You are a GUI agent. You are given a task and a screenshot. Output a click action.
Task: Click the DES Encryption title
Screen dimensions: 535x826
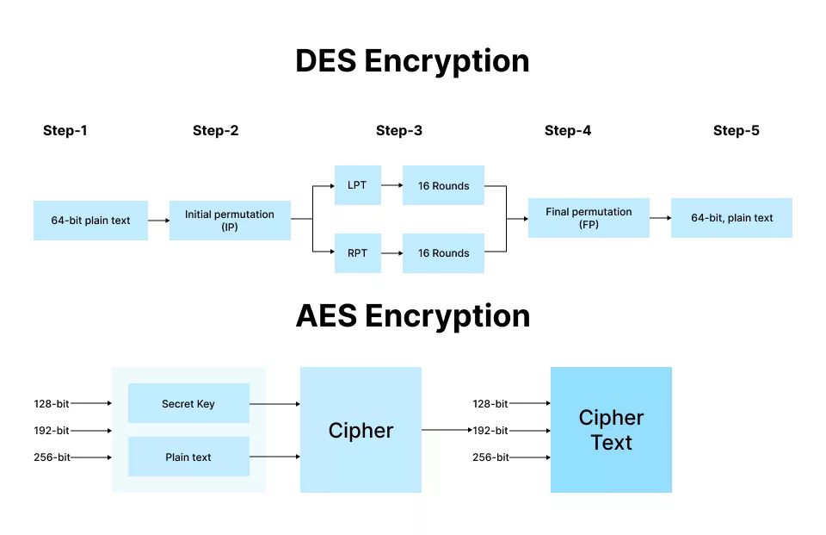tap(412, 61)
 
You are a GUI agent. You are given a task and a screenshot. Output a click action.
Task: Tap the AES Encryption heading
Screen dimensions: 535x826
tap(412, 316)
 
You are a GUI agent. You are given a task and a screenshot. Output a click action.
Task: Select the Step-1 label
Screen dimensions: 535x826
tap(65, 131)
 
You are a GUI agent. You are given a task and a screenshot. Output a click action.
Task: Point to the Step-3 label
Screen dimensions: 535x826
tap(399, 131)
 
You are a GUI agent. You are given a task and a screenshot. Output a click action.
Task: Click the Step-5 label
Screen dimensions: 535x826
tap(737, 131)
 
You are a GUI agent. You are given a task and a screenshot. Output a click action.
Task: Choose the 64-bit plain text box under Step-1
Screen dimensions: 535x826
tap(90, 221)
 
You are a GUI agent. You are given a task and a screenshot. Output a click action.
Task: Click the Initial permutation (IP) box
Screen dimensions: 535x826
tap(230, 221)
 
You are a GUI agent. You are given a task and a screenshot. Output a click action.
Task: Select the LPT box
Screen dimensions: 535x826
tap(357, 185)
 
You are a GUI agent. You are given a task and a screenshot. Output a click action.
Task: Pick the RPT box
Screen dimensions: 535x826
tap(357, 253)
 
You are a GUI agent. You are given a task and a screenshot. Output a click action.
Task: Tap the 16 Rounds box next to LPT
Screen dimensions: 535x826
tap(443, 185)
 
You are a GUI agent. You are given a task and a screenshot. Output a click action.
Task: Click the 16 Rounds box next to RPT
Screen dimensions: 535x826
tap(443, 253)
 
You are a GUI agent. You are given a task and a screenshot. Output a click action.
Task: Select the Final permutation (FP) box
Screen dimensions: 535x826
tap(589, 218)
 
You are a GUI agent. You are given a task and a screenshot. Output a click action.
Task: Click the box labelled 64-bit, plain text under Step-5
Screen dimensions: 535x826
tap(731, 218)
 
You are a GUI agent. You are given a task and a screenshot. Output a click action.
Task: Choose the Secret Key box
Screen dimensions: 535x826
tap(188, 403)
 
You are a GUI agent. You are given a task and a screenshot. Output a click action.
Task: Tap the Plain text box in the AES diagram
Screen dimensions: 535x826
tap(188, 457)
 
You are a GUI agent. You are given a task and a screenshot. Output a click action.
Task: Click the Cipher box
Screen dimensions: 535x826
tap(361, 430)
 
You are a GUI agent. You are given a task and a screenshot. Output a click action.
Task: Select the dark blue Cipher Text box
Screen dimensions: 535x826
tap(611, 430)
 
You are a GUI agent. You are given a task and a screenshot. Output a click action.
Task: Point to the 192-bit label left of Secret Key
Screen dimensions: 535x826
tap(52, 431)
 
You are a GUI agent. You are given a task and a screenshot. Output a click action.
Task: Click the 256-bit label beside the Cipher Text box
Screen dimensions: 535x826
tap(490, 457)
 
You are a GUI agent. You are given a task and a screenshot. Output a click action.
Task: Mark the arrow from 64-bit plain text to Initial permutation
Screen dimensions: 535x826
tap(158, 221)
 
